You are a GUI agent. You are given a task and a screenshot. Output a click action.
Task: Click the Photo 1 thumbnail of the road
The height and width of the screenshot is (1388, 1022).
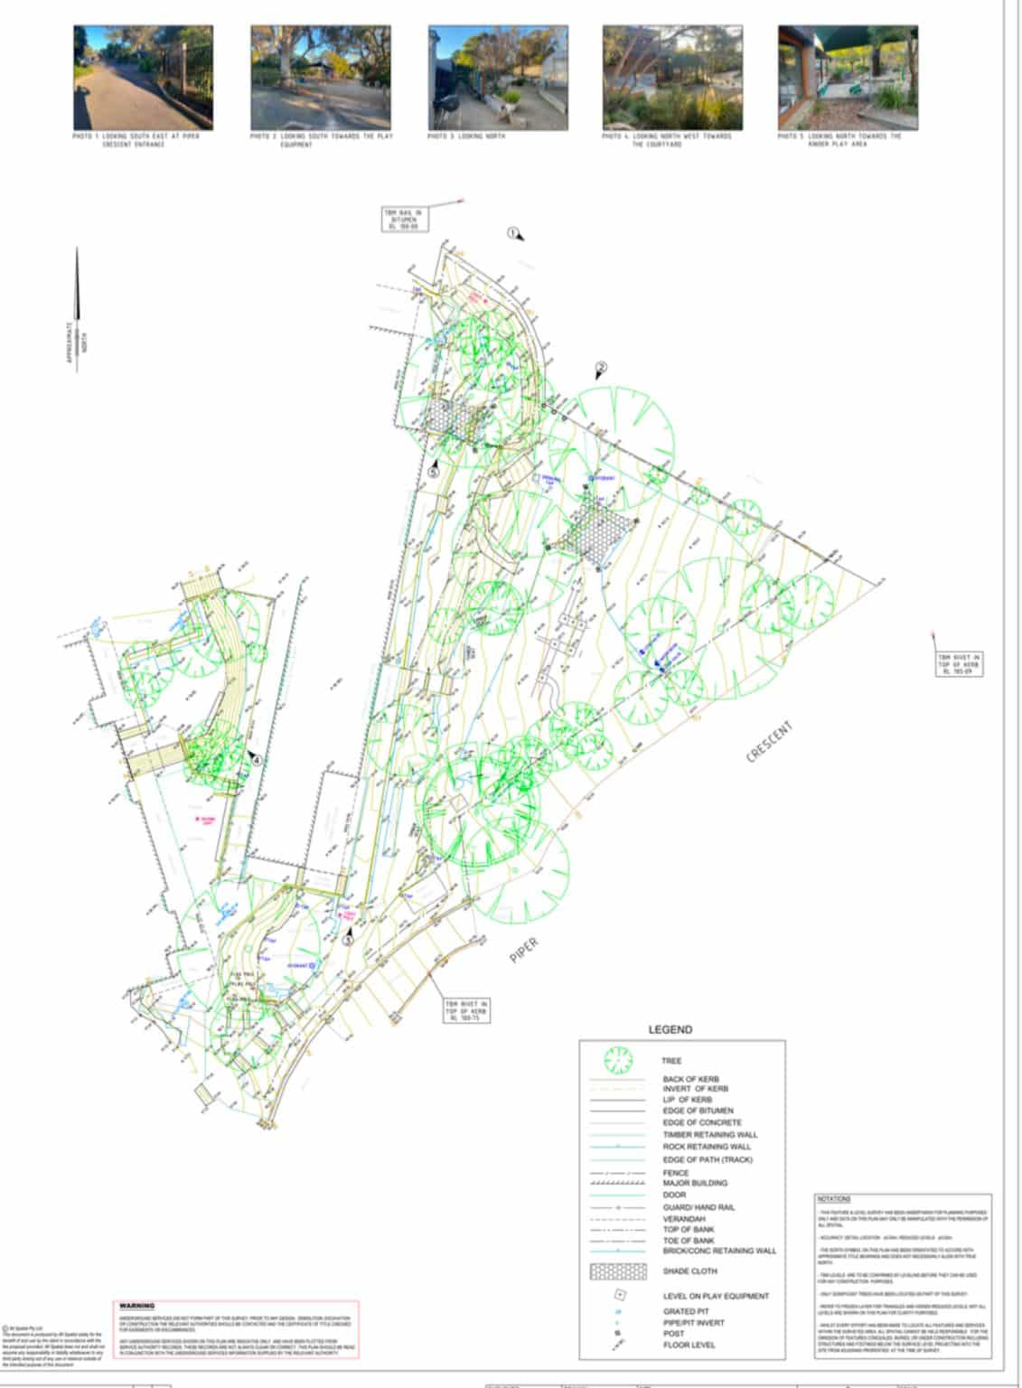click(143, 78)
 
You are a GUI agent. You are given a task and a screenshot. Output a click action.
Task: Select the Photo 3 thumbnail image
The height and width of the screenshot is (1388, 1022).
click(498, 78)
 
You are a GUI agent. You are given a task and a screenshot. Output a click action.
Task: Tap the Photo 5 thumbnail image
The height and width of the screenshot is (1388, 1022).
click(848, 78)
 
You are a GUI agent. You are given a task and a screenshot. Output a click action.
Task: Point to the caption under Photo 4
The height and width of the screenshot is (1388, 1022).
click(667, 140)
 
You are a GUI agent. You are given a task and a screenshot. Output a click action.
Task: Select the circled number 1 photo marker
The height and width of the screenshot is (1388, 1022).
click(512, 233)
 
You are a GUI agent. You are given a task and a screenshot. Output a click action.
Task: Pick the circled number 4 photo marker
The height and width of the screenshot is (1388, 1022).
click(258, 760)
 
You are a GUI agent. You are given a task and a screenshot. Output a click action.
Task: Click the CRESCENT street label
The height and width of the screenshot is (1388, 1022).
click(770, 741)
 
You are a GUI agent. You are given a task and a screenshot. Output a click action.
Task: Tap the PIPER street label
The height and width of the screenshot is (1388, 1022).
click(524, 950)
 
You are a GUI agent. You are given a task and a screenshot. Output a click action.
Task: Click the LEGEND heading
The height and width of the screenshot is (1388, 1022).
click(670, 1029)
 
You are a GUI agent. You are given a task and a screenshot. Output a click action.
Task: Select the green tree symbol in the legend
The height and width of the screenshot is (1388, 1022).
click(618, 1060)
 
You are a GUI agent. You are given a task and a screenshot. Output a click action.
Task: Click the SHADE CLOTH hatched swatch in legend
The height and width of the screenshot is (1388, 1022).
click(618, 1271)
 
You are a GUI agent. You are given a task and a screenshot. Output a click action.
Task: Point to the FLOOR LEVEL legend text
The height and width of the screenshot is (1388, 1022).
click(689, 1345)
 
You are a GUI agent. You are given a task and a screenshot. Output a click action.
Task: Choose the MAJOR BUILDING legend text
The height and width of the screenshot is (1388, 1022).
click(695, 1183)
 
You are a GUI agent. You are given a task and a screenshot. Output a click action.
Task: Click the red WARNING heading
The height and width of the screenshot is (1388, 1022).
click(137, 1306)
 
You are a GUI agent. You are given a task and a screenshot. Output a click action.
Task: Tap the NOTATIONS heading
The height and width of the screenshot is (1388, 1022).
click(833, 1199)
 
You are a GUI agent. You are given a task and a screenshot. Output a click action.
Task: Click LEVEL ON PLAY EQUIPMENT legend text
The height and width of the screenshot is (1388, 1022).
click(716, 1296)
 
